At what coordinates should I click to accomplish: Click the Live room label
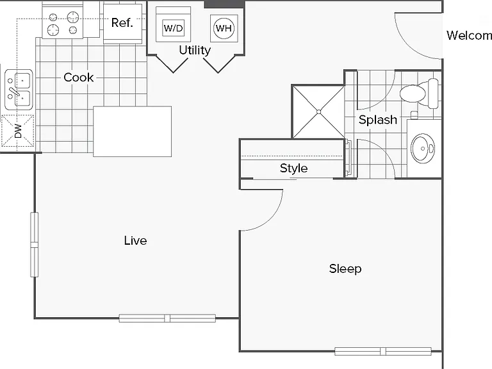135,241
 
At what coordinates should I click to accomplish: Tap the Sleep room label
345,268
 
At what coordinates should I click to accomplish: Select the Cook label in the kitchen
78,77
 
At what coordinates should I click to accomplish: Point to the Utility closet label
195,50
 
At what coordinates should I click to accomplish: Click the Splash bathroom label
378,120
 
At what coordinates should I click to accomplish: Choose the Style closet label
293,168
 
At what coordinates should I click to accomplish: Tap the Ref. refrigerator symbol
122,23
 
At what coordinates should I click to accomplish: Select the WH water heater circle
224,28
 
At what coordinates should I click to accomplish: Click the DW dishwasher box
17,131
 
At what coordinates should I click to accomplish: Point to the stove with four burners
63,22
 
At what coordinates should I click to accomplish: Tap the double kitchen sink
19,90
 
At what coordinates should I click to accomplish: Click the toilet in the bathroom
419,93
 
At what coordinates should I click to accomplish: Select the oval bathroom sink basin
423,148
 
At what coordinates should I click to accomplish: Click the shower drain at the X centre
319,112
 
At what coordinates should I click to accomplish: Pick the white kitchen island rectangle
133,131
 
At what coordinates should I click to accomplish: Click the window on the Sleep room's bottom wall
383,351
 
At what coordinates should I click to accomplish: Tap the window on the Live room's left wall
34,245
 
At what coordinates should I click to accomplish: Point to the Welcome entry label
469,35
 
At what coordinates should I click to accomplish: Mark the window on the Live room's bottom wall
167,318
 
